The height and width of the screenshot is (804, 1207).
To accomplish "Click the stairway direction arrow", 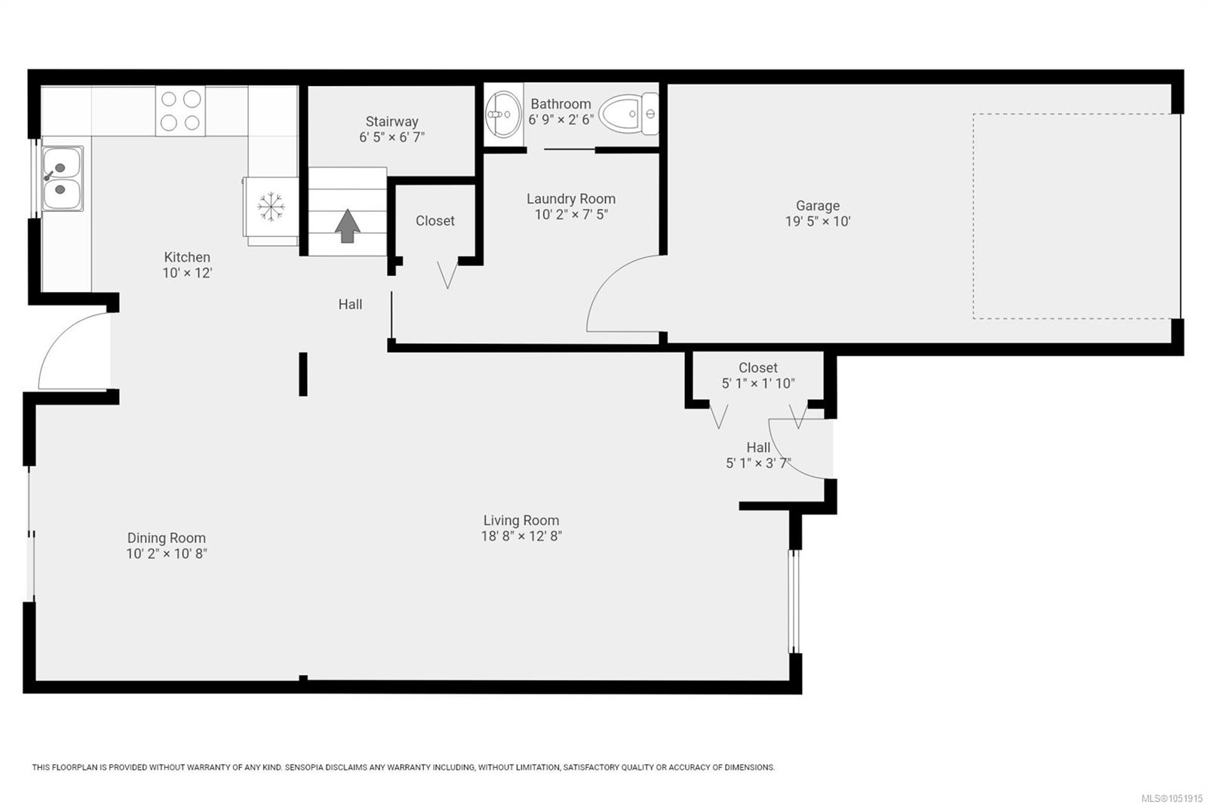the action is tap(348, 226).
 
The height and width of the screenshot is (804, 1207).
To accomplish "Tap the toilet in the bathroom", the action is tap(628, 114).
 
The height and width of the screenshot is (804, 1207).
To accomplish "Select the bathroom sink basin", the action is tap(504, 114).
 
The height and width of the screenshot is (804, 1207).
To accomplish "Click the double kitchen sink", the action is tap(63, 178).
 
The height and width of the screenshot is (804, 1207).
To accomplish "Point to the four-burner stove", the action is tap(180, 111).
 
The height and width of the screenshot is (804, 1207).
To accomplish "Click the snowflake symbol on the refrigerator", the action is tap(271, 207).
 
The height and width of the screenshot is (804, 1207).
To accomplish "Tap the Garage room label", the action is tap(818, 205).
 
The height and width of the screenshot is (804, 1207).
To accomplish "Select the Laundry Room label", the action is tap(571, 199).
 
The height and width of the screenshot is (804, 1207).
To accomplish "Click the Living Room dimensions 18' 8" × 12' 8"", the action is tap(521, 536).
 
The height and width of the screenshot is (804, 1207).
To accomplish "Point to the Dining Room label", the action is tap(167, 538).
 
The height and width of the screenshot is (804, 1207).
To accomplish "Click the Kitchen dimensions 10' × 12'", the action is tap(188, 273).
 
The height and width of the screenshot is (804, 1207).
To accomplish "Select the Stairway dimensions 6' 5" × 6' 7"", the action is tap(392, 137).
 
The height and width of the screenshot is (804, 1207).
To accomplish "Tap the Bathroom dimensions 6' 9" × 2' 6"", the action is tap(561, 120).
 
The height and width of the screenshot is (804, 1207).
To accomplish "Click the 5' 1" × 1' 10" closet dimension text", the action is tap(758, 383).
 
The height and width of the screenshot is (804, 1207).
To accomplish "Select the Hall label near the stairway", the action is tap(350, 305).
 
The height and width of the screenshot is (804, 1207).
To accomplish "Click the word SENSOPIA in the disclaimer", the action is tap(303, 767).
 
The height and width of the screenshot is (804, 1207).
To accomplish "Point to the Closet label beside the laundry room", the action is tap(435, 221).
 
